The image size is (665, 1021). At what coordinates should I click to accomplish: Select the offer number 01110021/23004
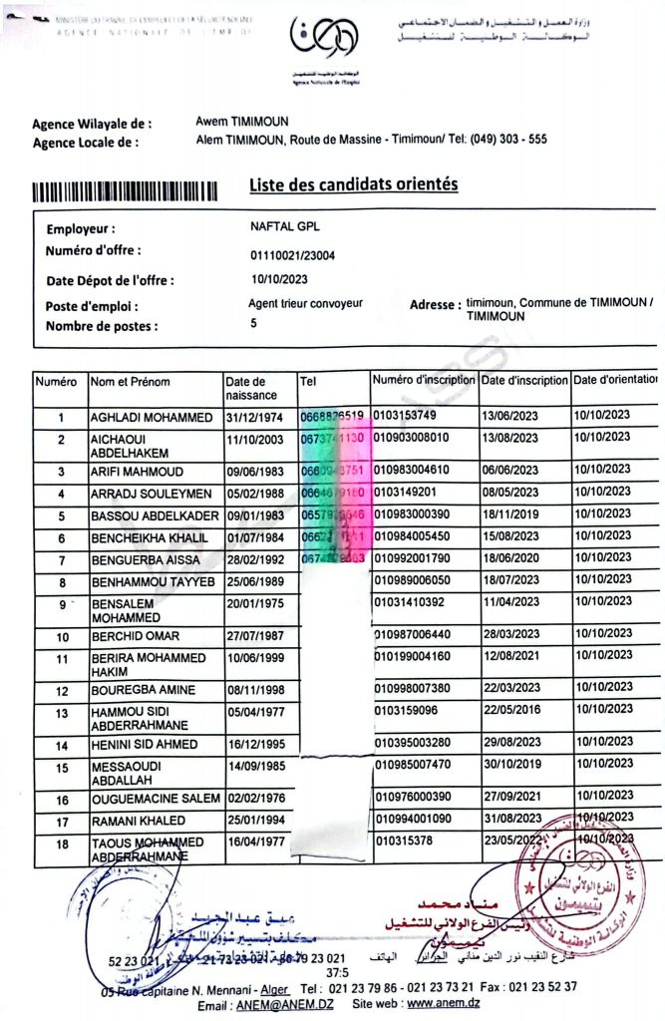292,255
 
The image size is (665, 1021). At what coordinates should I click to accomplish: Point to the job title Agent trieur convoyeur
305,303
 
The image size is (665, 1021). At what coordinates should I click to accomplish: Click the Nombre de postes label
102,326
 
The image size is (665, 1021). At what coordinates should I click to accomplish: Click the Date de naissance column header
245,388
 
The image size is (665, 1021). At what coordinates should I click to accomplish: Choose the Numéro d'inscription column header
424,380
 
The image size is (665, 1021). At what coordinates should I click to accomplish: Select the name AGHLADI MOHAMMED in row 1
152,416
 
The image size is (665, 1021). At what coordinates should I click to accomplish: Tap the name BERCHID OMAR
136,636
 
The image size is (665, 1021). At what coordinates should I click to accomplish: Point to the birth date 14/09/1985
256,768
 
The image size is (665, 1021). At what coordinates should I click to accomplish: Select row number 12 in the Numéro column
61,691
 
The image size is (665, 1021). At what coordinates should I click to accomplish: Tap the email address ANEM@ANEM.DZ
282,1004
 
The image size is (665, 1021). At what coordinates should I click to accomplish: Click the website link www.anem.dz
443,1004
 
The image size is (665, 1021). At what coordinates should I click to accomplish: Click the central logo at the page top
318,39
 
